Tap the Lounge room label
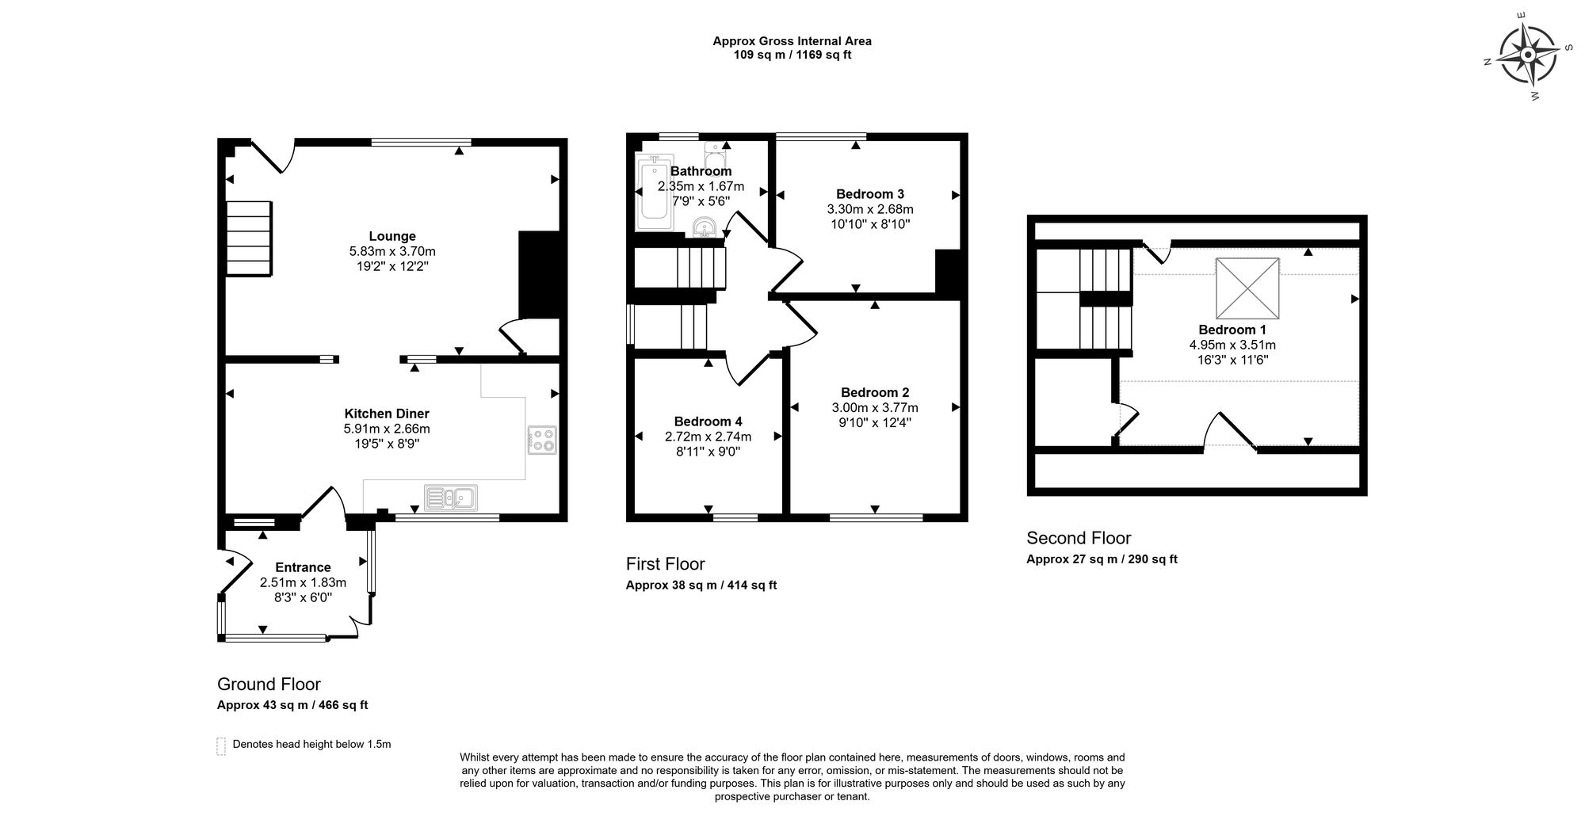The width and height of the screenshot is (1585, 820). pyautogui.click(x=392, y=236)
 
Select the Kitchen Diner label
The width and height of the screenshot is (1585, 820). pyautogui.click(x=387, y=414)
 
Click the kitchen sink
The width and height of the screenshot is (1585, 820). pyautogui.click(x=450, y=497)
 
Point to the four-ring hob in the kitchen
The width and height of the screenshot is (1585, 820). pyautogui.click(x=543, y=440)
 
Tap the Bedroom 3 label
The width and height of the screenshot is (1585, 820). pyautogui.click(x=870, y=194)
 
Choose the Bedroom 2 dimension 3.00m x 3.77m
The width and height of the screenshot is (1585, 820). pyautogui.click(x=875, y=407)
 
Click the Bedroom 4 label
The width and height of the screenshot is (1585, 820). pyautogui.click(x=708, y=421)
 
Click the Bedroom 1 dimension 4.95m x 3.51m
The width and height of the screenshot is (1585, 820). pyautogui.click(x=1232, y=345)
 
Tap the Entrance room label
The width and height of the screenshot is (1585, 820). pyautogui.click(x=303, y=567)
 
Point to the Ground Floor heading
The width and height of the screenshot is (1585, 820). pyautogui.click(x=269, y=685)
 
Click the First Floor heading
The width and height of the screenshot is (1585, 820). pyautogui.click(x=665, y=564)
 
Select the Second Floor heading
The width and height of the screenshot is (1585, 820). pyautogui.click(x=1079, y=539)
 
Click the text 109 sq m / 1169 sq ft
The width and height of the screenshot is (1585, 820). pyautogui.click(x=792, y=55)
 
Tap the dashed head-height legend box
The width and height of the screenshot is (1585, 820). pyautogui.click(x=221, y=746)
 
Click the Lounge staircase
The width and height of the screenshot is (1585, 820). pyautogui.click(x=249, y=238)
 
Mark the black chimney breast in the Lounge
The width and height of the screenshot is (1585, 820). pyautogui.click(x=539, y=275)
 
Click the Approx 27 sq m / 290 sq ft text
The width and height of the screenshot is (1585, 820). pyautogui.click(x=1102, y=559)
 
